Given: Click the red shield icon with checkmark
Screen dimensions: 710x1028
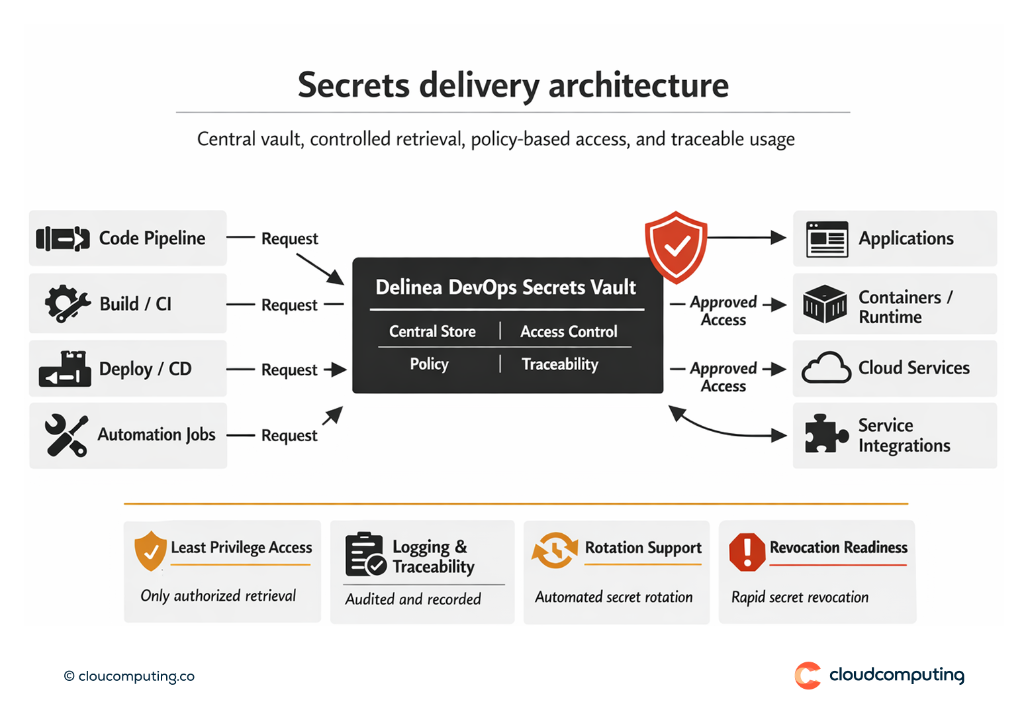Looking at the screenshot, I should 676,246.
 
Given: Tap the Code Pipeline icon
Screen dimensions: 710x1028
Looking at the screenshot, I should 63,238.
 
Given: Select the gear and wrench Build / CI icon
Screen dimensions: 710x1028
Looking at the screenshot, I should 67,303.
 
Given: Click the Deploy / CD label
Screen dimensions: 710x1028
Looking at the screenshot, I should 145,369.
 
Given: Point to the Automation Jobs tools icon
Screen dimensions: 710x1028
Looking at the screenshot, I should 66,435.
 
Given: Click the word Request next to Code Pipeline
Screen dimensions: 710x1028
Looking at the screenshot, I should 289,238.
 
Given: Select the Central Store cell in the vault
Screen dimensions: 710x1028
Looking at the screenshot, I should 432,331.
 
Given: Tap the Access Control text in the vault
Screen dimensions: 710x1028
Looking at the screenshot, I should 569,331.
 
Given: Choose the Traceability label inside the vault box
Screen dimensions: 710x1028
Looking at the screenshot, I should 560,364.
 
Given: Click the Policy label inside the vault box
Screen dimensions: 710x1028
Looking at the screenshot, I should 429,364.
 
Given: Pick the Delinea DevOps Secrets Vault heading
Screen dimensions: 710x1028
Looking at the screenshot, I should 506,287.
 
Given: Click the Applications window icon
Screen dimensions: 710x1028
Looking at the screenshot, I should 827,239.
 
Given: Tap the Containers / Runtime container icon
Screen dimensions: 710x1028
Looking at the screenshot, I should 824,304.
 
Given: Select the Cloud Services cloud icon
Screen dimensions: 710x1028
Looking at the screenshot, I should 826,368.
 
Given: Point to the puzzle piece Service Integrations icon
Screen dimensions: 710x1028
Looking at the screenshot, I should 825,434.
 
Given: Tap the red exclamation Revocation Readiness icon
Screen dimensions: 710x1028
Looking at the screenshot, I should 747,551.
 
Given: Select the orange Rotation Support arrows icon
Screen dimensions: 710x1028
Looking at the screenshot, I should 555,550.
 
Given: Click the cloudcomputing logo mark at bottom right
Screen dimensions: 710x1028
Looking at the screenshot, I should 808,676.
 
